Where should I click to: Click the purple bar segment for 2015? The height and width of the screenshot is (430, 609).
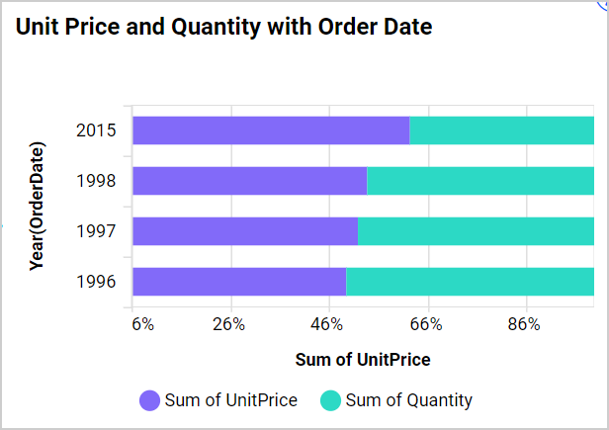click(271, 130)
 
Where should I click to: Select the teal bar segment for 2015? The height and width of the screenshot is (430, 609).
click(501, 130)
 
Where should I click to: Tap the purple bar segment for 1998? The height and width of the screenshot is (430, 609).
click(249, 181)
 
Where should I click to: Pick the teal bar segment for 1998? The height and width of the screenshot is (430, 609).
click(480, 181)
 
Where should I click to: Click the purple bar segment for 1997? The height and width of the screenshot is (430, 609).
click(244, 231)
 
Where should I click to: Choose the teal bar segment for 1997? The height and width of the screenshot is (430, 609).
click(476, 231)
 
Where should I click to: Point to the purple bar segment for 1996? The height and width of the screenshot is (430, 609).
click(239, 282)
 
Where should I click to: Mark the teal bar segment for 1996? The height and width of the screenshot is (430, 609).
click(470, 282)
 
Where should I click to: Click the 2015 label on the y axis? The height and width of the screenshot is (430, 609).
click(96, 130)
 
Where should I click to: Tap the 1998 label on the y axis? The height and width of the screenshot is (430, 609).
click(96, 181)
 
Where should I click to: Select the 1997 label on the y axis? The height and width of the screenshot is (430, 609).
click(96, 231)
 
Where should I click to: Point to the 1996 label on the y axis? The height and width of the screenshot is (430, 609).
click(96, 282)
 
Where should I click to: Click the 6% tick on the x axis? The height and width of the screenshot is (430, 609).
click(142, 324)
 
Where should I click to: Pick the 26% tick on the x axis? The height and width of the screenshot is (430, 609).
click(229, 324)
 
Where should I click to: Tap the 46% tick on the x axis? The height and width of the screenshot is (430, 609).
click(327, 324)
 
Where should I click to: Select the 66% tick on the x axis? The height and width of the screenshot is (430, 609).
click(425, 324)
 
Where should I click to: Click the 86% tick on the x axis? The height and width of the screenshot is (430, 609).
click(523, 324)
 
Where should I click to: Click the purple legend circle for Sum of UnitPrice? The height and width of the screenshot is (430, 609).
click(150, 400)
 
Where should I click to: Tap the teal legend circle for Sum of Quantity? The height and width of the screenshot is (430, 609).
click(330, 400)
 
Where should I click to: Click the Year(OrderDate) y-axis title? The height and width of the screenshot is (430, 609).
click(38, 206)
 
